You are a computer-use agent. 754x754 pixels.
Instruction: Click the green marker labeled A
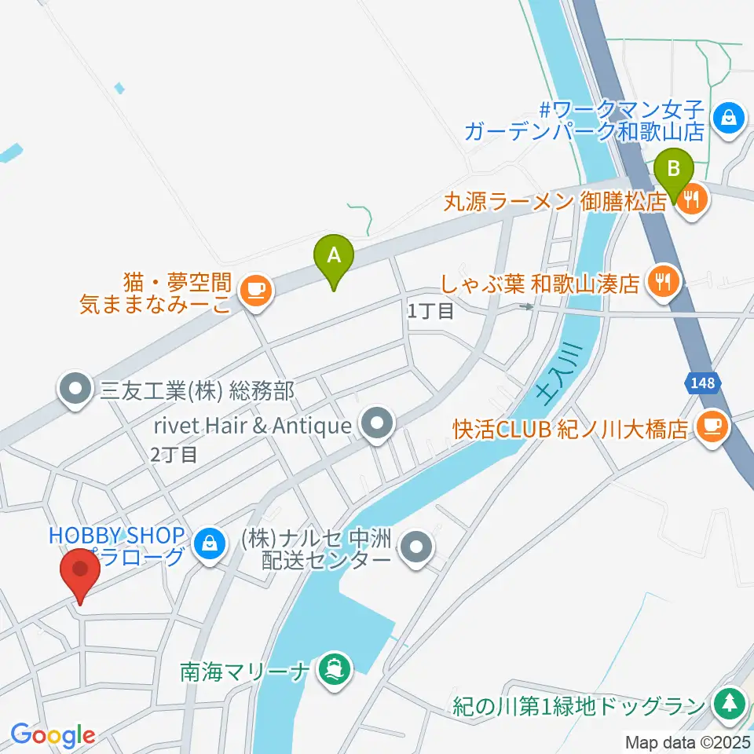click(x=334, y=257)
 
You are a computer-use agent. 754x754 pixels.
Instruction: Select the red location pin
click(x=80, y=571)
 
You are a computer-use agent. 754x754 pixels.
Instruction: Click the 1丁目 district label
click(x=430, y=311)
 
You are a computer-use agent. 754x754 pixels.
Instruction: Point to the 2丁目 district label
click(x=174, y=454)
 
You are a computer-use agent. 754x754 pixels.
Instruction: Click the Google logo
click(x=53, y=735)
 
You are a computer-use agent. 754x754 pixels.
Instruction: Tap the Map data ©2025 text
click(x=688, y=741)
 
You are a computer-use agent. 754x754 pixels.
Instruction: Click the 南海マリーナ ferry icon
click(x=334, y=670)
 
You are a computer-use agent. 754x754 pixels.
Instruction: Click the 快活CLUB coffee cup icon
click(x=712, y=426)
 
